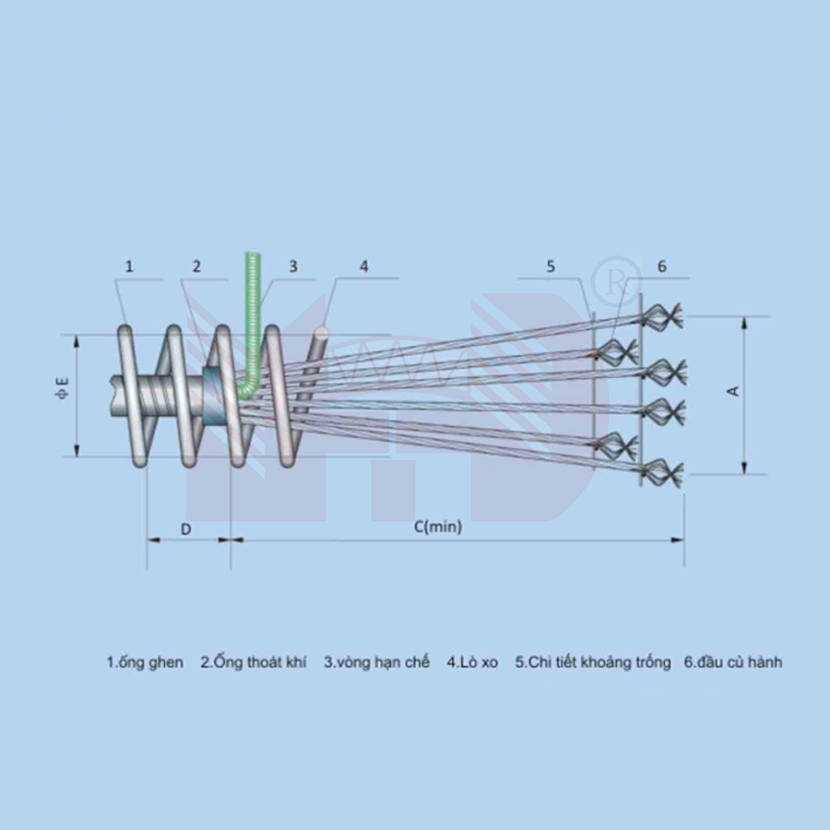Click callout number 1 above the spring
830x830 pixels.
pyautogui.click(x=129, y=267)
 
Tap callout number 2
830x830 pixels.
pyautogui.click(x=196, y=267)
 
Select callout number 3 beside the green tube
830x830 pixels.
pyautogui.click(x=293, y=267)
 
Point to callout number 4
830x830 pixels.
pyautogui.click(x=363, y=267)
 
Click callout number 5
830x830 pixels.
pyautogui.click(x=551, y=267)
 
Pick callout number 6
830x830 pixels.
pyautogui.click(x=661, y=267)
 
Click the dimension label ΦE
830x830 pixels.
pyautogui.click(x=62, y=387)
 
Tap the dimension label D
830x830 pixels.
pyautogui.click(x=185, y=528)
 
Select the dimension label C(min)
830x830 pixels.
pyautogui.click(x=438, y=527)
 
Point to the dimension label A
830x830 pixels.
pyautogui.click(x=733, y=391)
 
